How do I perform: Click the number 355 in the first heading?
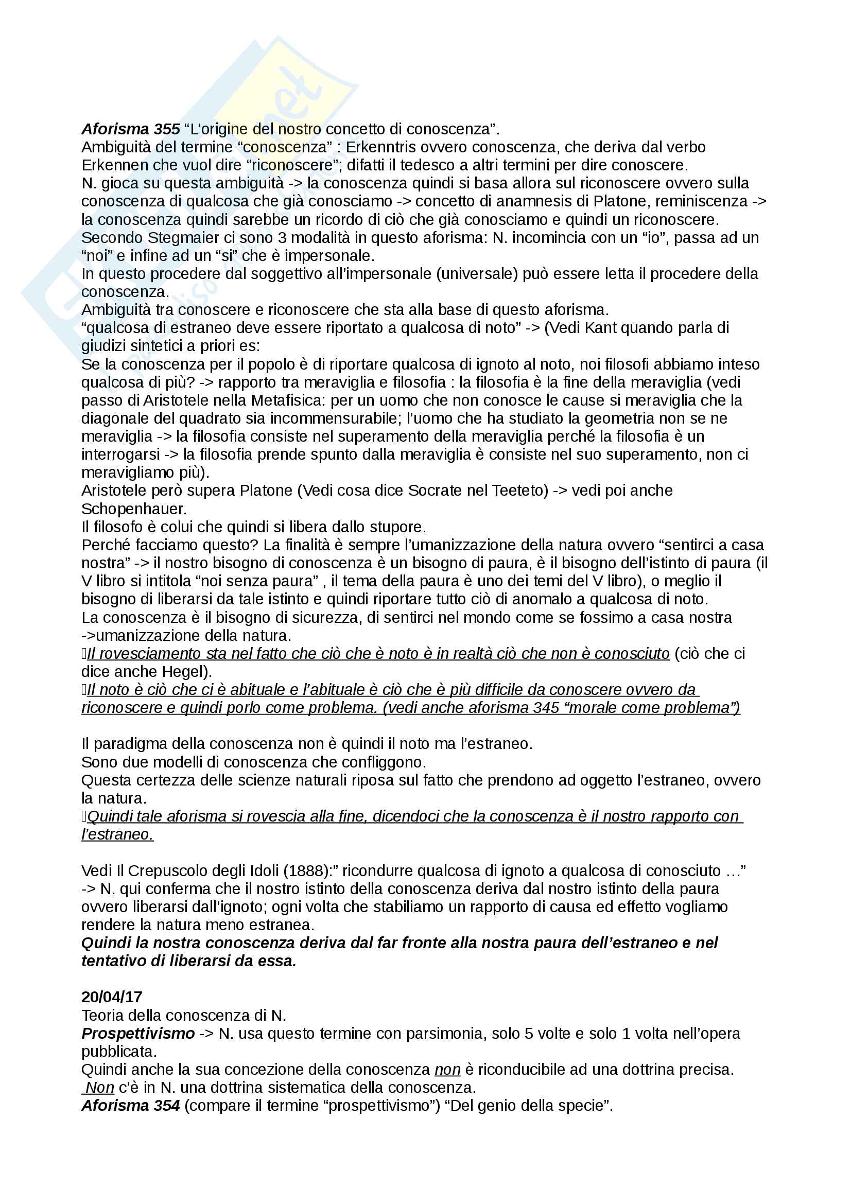(x=167, y=129)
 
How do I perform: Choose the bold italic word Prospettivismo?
(x=138, y=1033)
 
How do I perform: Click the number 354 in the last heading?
(x=167, y=1105)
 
